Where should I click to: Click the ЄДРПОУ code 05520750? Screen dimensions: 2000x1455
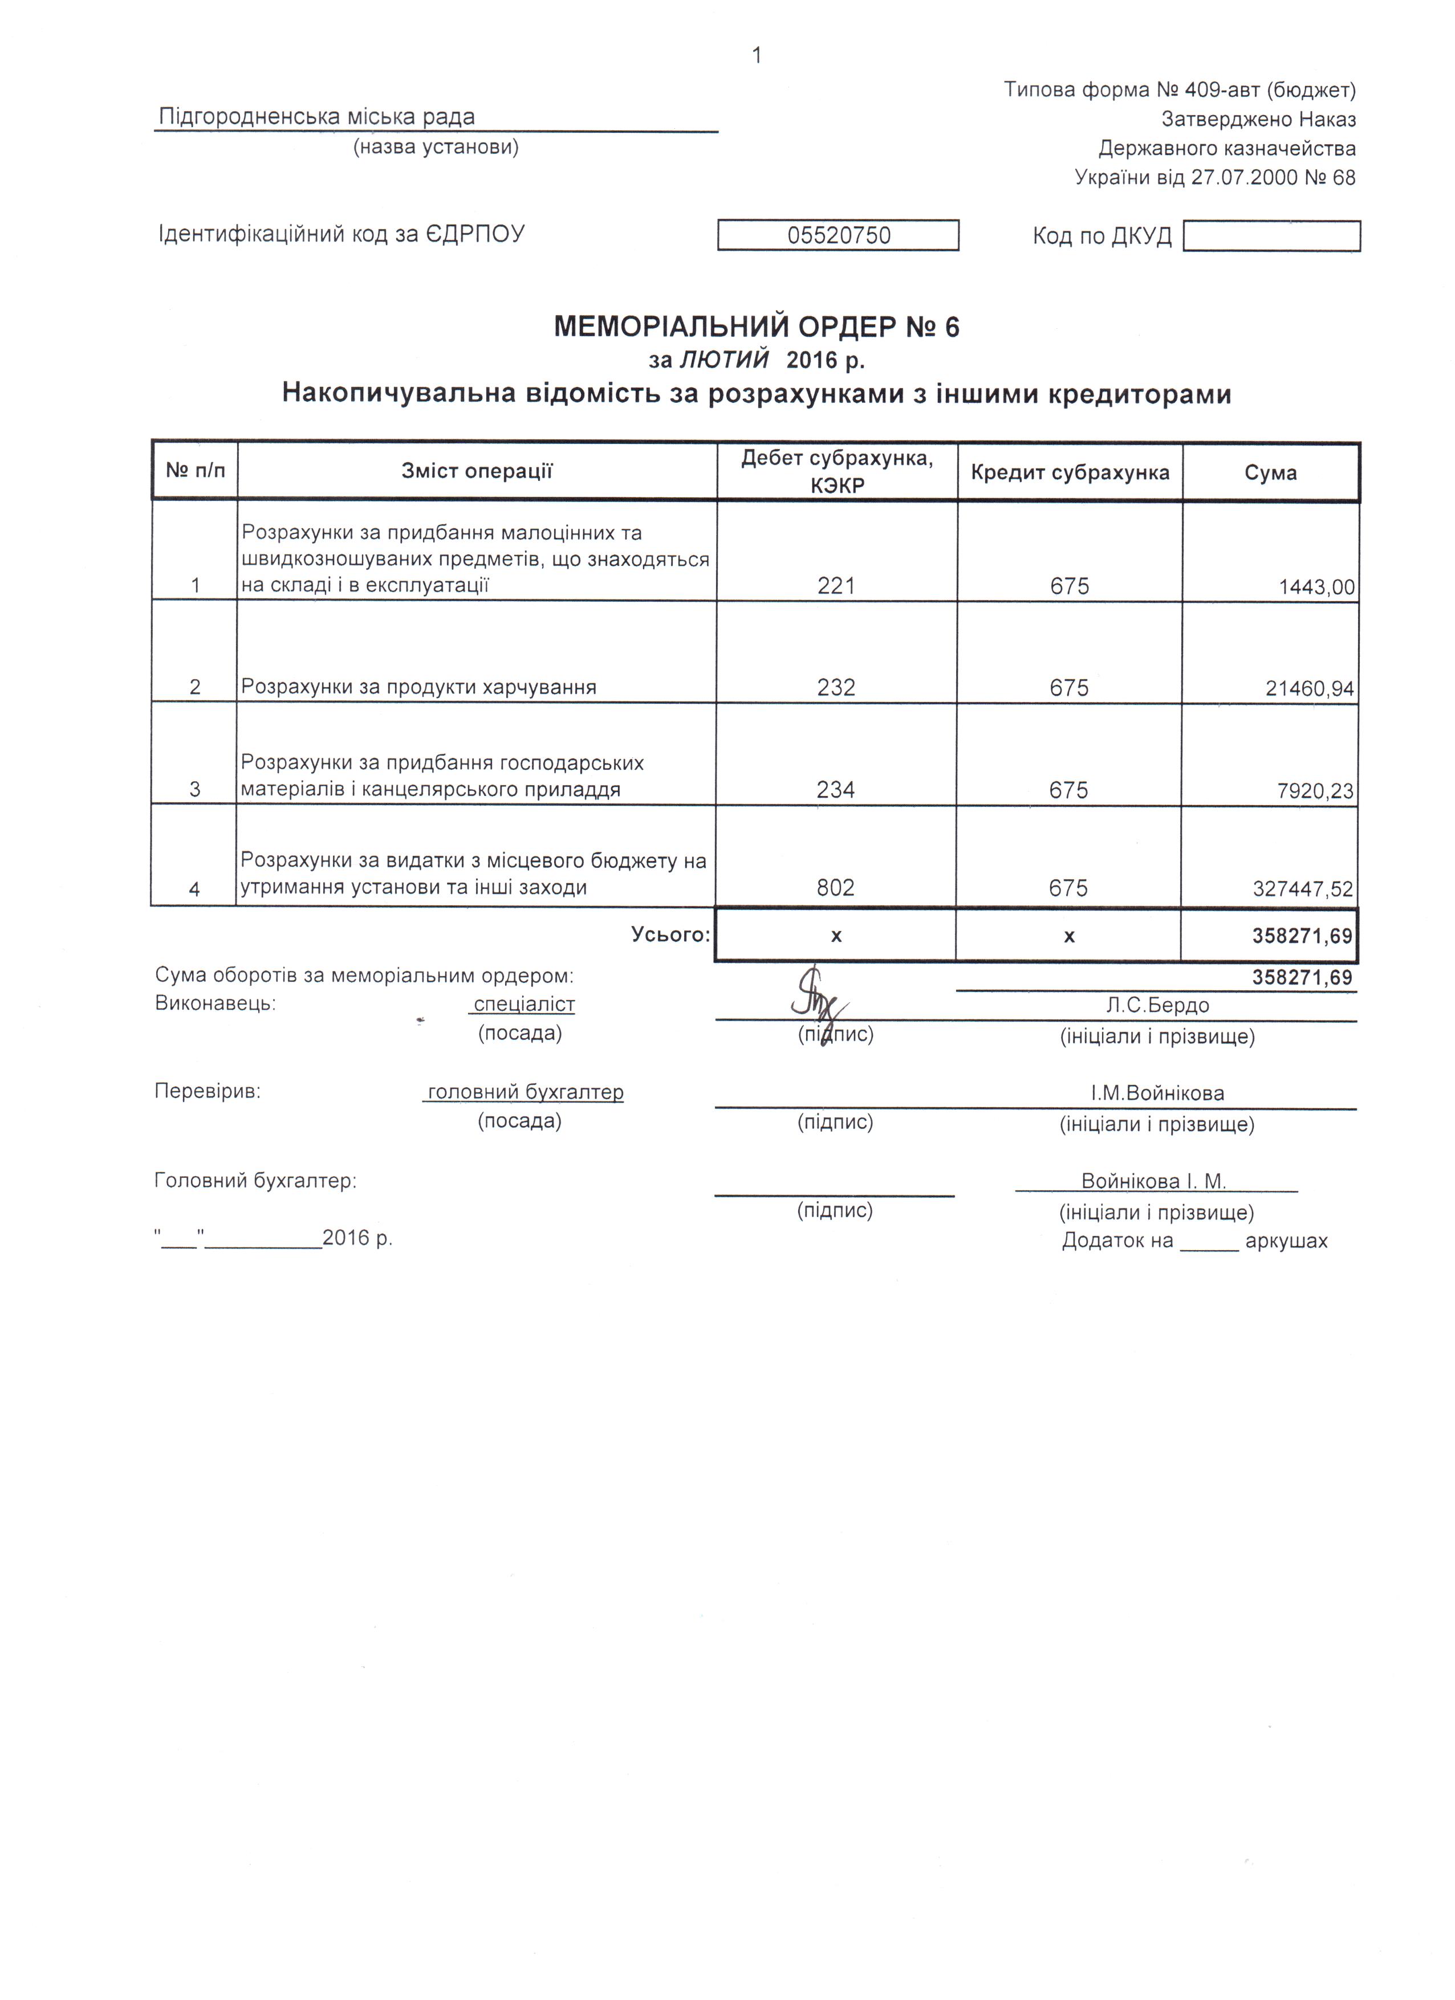(838, 235)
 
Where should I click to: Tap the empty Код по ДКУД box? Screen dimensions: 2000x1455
(1271, 236)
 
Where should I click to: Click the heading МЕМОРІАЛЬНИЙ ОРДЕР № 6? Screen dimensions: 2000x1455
(756, 327)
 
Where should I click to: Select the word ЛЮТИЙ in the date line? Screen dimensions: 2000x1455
(724, 360)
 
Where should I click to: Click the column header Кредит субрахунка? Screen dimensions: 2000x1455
(1070, 473)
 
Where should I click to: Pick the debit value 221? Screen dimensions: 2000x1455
(836, 586)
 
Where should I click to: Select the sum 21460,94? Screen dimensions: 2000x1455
(1310, 688)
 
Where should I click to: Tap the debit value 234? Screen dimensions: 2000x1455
(836, 789)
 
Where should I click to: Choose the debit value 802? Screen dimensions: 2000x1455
(836, 888)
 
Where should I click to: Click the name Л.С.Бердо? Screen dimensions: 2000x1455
(1157, 1005)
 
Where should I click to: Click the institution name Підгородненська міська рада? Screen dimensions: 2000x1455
(317, 116)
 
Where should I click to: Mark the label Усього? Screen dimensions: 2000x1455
(670, 934)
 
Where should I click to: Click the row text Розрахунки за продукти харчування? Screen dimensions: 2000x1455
(419, 687)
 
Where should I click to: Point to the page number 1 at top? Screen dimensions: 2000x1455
(756, 56)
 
